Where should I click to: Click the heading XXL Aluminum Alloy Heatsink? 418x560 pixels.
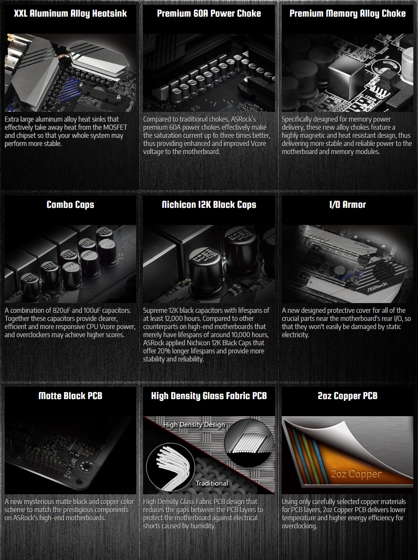pyautogui.click(x=70, y=14)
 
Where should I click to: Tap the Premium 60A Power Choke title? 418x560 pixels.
pyautogui.click(x=209, y=14)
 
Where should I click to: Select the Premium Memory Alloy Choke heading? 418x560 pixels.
pyautogui.click(x=348, y=14)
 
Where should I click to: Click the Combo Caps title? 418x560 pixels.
pyautogui.click(x=70, y=204)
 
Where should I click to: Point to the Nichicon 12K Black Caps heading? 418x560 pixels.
pyautogui.click(x=209, y=204)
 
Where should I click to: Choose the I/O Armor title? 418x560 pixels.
pyautogui.click(x=348, y=204)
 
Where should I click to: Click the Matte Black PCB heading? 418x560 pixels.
pyautogui.click(x=70, y=396)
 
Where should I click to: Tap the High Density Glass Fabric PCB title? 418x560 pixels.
pyautogui.click(x=209, y=396)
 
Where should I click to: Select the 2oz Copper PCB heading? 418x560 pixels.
pyautogui.click(x=348, y=396)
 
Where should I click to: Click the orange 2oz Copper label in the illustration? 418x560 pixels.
pyautogui.click(x=356, y=474)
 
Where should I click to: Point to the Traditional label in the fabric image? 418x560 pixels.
pyautogui.click(x=212, y=483)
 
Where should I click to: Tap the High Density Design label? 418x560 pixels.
pyautogui.click(x=194, y=425)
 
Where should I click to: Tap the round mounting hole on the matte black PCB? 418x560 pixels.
pyautogui.click(x=85, y=466)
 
